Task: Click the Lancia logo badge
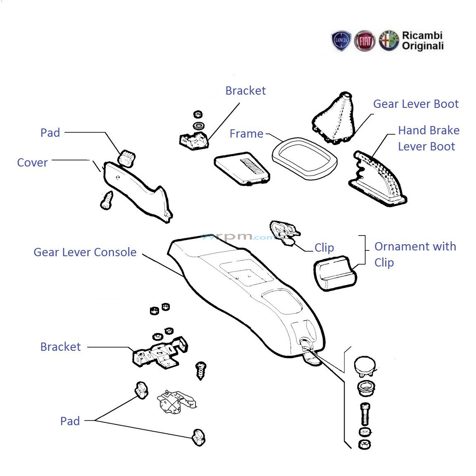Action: coord(341,41)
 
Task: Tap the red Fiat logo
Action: coord(365,41)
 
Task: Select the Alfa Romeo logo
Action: coord(388,40)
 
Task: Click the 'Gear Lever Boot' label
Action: coord(416,104)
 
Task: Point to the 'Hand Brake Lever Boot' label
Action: coord(428,138)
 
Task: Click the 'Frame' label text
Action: coord(246,133)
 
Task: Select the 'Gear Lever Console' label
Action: coord(85,252)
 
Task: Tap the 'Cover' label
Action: coord(32,162)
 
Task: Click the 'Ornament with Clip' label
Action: coord(415,254)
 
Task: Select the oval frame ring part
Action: coord(304,159)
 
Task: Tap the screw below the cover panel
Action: coord(107,200)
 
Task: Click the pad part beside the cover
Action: coord(127,158)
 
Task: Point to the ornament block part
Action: coord(336,273)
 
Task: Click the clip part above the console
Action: coord(284,231)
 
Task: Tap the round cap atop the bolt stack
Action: coord(364,366)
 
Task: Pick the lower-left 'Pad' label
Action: coord(70,421)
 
